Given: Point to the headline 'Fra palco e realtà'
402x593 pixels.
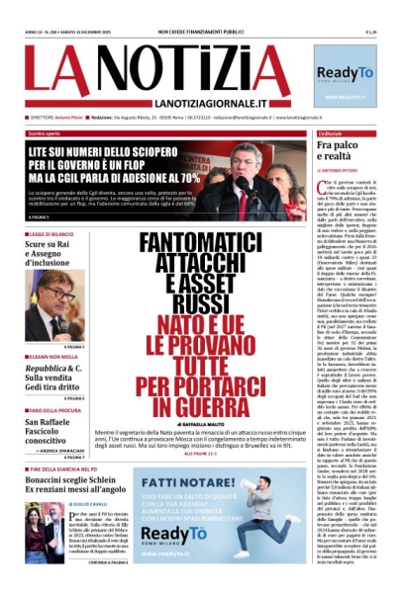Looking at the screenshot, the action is [x=339, y=150].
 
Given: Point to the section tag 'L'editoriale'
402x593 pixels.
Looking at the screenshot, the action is [x=332, y=131].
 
